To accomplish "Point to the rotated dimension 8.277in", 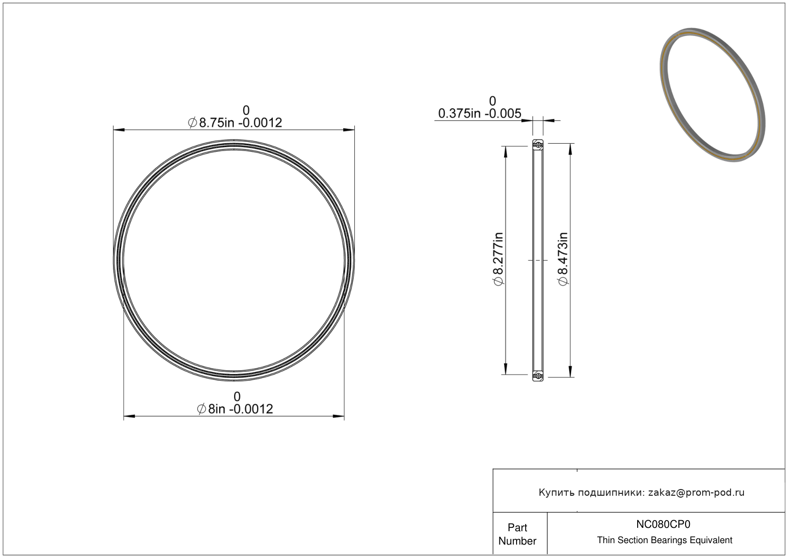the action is click(x=499, y=259).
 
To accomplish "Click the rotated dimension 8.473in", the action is click(x=563, y=259).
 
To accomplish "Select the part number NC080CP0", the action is click(x=663, y=524).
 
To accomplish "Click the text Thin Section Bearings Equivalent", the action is click(x=664, y=540).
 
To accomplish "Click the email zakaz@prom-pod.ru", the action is click(x=696, y=492).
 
